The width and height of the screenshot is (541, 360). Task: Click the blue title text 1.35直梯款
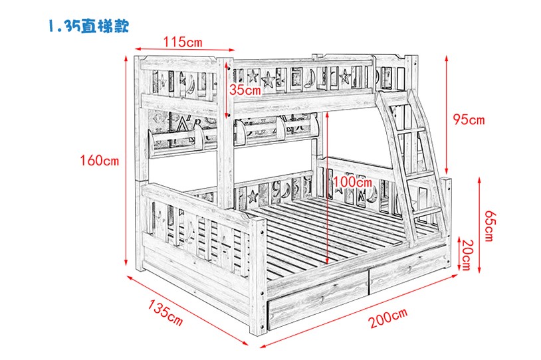(x=88, y=25)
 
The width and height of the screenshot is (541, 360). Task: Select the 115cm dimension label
(x=183, y=42)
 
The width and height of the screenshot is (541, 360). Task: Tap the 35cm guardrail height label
(x=245, y=90)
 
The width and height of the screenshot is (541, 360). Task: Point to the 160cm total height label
(x=100, y=160)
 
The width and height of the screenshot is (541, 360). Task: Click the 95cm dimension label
(x=469, y=120)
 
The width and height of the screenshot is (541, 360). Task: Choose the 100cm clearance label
(x=352, y=181)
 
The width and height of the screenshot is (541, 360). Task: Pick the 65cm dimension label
(x=489, y=226)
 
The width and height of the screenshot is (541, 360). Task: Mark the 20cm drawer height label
(x=467, y=255)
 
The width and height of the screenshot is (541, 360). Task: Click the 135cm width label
(x=165, y=312)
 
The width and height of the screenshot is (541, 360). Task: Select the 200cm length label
(x=388, y=317)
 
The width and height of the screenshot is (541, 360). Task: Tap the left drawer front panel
(x=318, y=300)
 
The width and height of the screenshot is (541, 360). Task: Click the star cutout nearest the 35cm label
(x=254, y=75)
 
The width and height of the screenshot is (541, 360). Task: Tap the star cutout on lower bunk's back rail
(x=253, y=197)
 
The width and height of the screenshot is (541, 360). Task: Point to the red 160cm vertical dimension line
(x=126, y=161)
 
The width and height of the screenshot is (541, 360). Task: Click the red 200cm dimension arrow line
(x=358, y=310)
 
